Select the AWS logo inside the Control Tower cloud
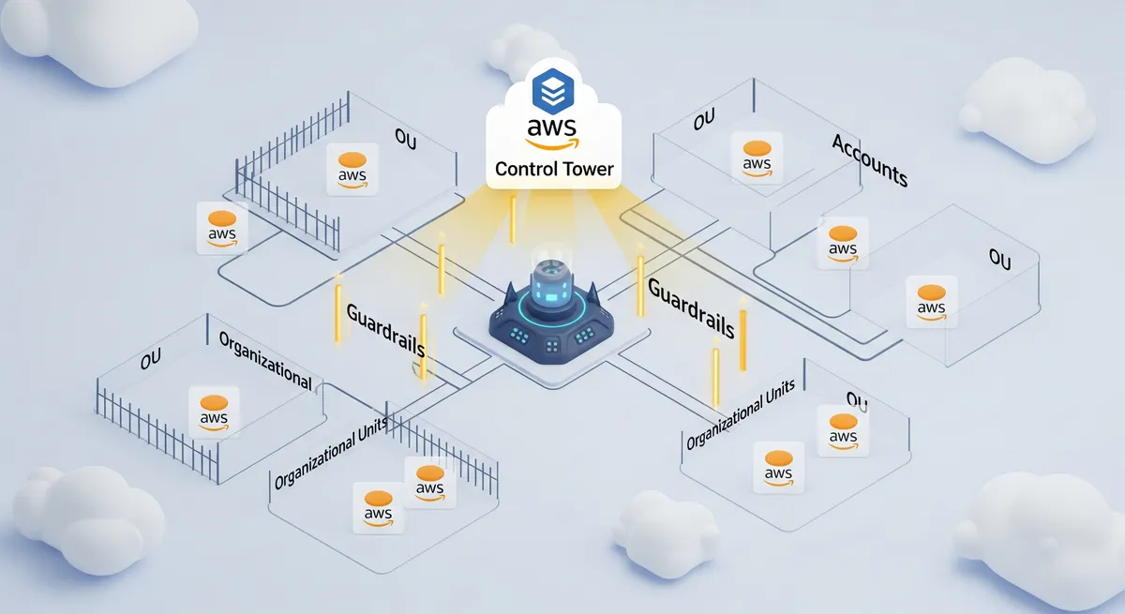click(x=553, y=133)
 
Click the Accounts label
click(x=869, y=159)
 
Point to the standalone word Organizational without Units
click(x=264, y=361)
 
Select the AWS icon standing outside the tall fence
click(x=222, y=228)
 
